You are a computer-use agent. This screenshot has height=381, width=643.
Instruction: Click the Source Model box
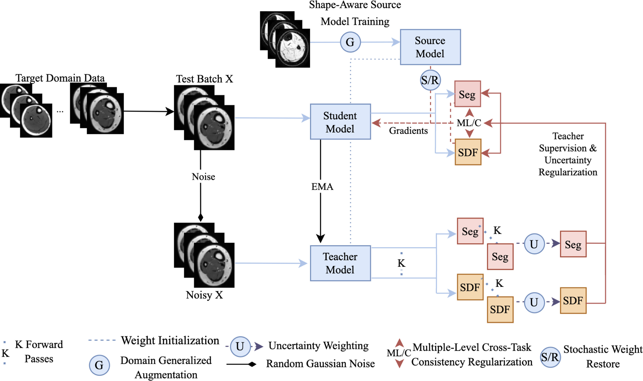point(430,47)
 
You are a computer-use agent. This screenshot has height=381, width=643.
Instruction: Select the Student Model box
point(340,122)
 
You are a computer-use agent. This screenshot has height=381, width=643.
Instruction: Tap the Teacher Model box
point(340,263)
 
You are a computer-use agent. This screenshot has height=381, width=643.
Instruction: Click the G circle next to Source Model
point(350,42)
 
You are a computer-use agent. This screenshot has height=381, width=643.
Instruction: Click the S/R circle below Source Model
point(430,80)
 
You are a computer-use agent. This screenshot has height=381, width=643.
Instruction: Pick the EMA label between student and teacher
point(322,187)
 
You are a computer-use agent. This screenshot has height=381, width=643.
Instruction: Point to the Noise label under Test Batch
point(203,177)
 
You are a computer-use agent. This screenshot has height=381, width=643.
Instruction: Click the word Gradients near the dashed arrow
point(408,131)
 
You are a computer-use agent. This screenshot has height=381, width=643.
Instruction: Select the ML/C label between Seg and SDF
point(469,123)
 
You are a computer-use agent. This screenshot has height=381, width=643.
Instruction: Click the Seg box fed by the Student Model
point(467,94)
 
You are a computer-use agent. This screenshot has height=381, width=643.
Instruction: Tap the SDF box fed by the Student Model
point(468,152)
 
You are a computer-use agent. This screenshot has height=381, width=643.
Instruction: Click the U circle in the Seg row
point(534,244)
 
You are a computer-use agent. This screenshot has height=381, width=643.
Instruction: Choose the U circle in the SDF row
point(534,302)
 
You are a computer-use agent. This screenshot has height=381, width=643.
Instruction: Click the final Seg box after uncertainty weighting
point(573,244)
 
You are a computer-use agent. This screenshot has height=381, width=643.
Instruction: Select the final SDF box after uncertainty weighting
point(573,300)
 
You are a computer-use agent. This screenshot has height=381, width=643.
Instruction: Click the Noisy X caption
point(204,295)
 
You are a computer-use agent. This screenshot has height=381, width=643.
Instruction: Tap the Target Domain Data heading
point(60,78)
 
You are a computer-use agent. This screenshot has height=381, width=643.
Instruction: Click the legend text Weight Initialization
point(170,340)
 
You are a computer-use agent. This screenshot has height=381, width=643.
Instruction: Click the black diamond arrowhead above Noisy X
point(201,218)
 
